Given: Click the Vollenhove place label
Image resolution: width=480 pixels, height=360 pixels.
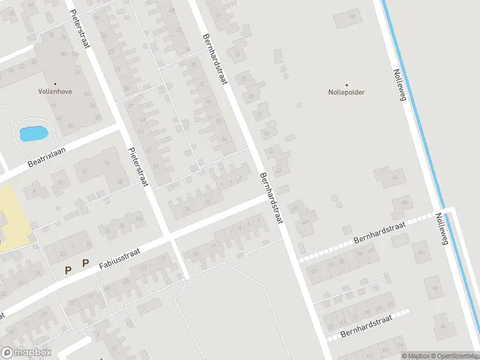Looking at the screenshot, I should tap(55, 92).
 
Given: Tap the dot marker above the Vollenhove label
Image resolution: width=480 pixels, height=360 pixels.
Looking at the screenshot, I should tap(55, 84).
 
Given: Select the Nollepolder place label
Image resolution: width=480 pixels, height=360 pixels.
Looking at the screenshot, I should tap(347, 92).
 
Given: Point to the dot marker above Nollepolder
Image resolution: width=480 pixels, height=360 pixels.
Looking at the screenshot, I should tap(347, 85).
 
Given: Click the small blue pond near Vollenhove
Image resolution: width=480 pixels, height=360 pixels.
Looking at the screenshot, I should tap(34, 133).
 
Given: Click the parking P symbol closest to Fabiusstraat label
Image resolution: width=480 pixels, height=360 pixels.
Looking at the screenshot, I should tap(85, 263).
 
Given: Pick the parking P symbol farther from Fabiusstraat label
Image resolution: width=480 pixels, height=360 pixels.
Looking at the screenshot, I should tap(68, 271).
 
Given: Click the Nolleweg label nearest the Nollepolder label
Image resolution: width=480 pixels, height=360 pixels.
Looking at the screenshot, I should tap(400, 84).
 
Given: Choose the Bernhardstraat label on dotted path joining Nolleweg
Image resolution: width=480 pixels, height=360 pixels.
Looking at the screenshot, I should tap(379, 231).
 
